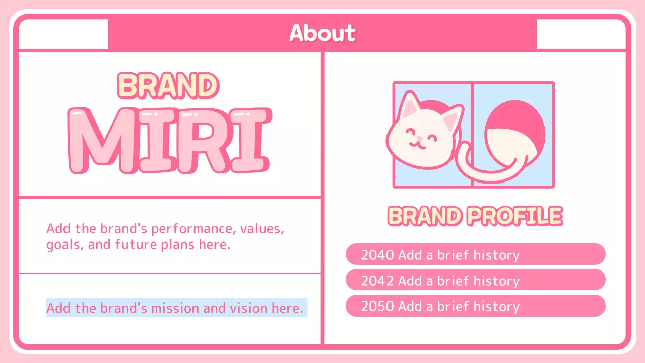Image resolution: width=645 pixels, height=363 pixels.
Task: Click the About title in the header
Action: point(322,33)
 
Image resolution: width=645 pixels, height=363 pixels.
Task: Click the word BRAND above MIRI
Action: point(168,86)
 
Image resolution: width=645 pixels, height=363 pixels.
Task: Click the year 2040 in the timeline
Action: point(377,255)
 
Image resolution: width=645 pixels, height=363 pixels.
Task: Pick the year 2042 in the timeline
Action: point(377,281)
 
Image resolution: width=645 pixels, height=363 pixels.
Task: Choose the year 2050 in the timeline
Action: point(377,307)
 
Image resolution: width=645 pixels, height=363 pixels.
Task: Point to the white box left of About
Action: point(63,34)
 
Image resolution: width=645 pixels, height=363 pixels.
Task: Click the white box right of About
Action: point(580,34)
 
